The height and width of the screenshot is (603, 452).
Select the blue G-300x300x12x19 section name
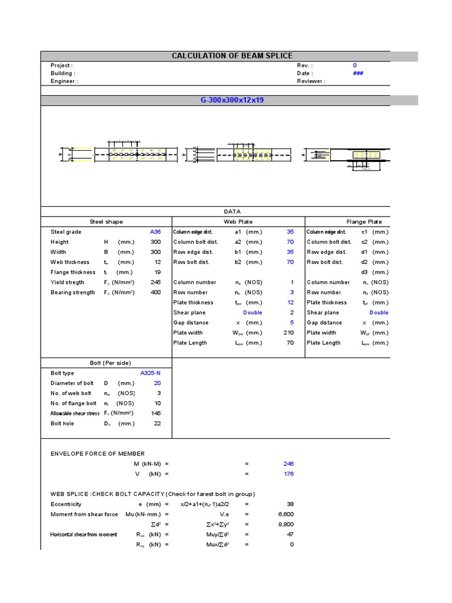232,100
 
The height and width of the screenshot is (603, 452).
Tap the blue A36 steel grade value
155,232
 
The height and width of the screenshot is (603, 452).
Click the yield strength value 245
155,282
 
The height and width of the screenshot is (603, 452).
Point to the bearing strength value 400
155,293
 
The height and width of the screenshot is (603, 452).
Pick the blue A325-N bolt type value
150,373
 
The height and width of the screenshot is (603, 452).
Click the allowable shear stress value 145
155,413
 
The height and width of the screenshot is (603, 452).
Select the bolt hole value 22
157,423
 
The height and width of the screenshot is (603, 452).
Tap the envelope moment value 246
288,464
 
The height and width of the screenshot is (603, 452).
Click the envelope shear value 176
288,474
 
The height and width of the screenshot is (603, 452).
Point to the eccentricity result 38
290,505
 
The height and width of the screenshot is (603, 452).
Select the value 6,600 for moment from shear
285,515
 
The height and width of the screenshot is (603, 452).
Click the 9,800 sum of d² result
285,525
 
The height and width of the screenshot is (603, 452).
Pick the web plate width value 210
288,333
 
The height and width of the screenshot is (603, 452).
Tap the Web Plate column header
238,222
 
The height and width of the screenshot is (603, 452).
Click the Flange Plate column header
364,222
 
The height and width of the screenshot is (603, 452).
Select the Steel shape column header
106,222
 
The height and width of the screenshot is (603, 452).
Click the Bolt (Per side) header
106,363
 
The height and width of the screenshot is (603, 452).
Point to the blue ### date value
357,74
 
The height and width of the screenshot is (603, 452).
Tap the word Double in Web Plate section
252,313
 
